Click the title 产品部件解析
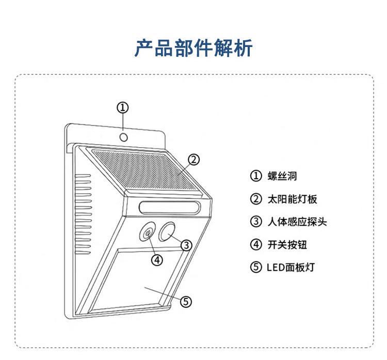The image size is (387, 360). tap(193, 48)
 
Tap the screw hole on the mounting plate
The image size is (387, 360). tap(124, 137)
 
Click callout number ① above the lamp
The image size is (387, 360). tap(122, 107)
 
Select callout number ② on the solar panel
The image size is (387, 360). tap(193, 160)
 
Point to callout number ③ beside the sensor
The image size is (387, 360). tap(187, 244)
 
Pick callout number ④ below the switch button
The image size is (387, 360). tap(157, 260)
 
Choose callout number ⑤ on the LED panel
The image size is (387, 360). tap(186, 301)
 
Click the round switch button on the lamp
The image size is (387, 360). tap(148, 233)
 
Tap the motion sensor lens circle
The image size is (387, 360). tap(167, 233)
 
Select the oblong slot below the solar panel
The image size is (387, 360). tap(169, 209)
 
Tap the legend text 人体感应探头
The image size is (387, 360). tap(297, 222)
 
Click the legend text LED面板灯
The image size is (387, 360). tap(291, 268)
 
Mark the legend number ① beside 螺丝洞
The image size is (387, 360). tap(256, 176)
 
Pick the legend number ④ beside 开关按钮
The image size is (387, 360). tap(256, 244)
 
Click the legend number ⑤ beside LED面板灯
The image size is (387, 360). tap(256, 268)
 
